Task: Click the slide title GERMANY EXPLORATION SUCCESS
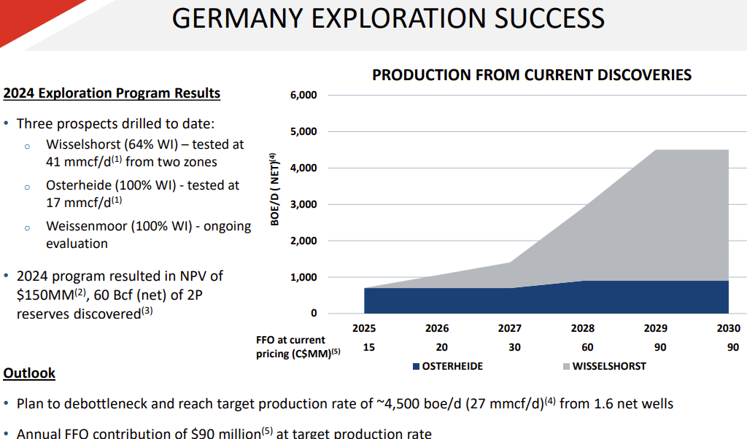tap(388, 18)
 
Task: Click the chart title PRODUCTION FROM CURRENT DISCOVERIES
tap(532, 75)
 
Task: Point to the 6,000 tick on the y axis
tap(303, 96)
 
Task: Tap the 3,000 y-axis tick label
tap(303, 205)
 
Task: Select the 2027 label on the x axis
tap(510, 329)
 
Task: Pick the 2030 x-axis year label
tap(728, 329)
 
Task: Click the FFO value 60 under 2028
tap(588, 347)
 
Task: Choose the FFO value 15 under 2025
tap(369, 347)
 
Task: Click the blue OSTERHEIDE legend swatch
tap(416, 366)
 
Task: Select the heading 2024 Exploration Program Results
tap(112, 93)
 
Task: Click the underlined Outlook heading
tap(29, 373)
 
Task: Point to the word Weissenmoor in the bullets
tap(86, 226)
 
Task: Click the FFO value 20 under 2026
tap(442, 347)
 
